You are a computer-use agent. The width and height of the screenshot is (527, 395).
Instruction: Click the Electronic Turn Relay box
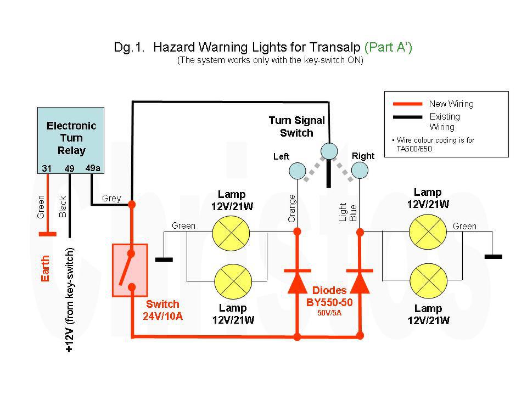click(x=71, y=140)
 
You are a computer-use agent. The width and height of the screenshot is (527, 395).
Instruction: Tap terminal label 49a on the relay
click(x=93, y=168)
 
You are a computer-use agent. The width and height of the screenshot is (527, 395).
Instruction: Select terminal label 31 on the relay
click(x=47, y=168)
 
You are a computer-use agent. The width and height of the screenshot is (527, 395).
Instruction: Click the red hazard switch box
click(x=130, y=270)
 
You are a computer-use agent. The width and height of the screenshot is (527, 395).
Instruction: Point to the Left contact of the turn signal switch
click(x=298, y=171)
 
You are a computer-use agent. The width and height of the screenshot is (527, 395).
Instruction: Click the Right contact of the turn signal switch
click(x=360, y=170)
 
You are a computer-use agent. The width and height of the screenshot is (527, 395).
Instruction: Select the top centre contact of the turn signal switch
click(x=329, y=151)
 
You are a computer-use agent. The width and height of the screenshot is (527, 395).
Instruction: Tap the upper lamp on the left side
click(x=231, y=233)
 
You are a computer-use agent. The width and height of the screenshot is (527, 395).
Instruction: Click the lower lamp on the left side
click(x=233, y=281)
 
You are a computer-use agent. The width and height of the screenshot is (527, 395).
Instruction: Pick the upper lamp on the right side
click(x=428, y=232)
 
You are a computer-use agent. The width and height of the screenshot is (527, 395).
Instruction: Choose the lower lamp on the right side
click(x=429, y=281)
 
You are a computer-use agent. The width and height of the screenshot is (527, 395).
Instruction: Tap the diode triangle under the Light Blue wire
click(x=360, y=282)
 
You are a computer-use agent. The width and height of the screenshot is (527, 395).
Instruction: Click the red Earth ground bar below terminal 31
click(x=47, y=234)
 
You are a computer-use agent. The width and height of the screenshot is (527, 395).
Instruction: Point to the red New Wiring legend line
click(x=408, y=104)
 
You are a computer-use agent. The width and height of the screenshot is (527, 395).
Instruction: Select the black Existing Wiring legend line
click(x=408, y=117)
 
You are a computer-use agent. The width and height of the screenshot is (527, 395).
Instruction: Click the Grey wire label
click(x=111, y=198)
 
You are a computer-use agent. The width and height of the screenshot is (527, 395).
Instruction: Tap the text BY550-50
click(x=329, y=302)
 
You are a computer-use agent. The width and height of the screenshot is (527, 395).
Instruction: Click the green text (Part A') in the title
click(x=388, y=47)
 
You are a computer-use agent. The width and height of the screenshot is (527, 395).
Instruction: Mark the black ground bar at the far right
click(x=494, y=257)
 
